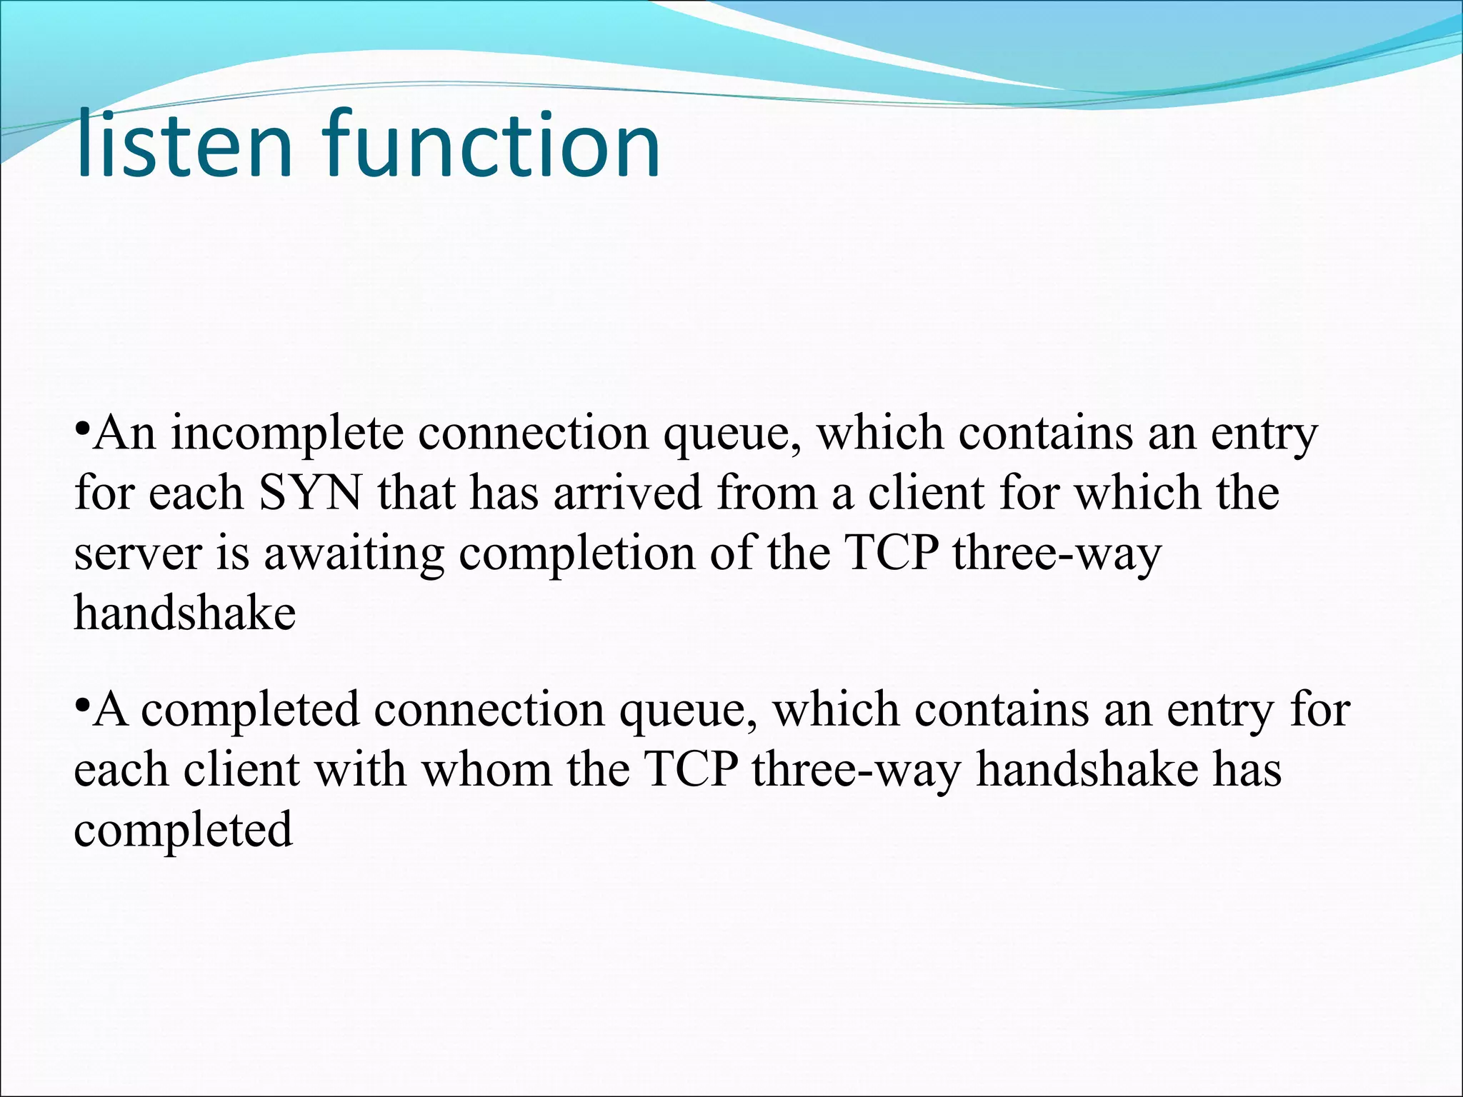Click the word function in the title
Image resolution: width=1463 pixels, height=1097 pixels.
click(492, 145)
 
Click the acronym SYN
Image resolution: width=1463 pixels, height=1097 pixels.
click(310, 494)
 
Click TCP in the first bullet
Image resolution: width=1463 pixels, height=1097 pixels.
click(889, 553)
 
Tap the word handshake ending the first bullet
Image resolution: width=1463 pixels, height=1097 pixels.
click(185, 613)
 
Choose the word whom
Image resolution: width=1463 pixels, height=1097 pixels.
click(486, 770)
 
